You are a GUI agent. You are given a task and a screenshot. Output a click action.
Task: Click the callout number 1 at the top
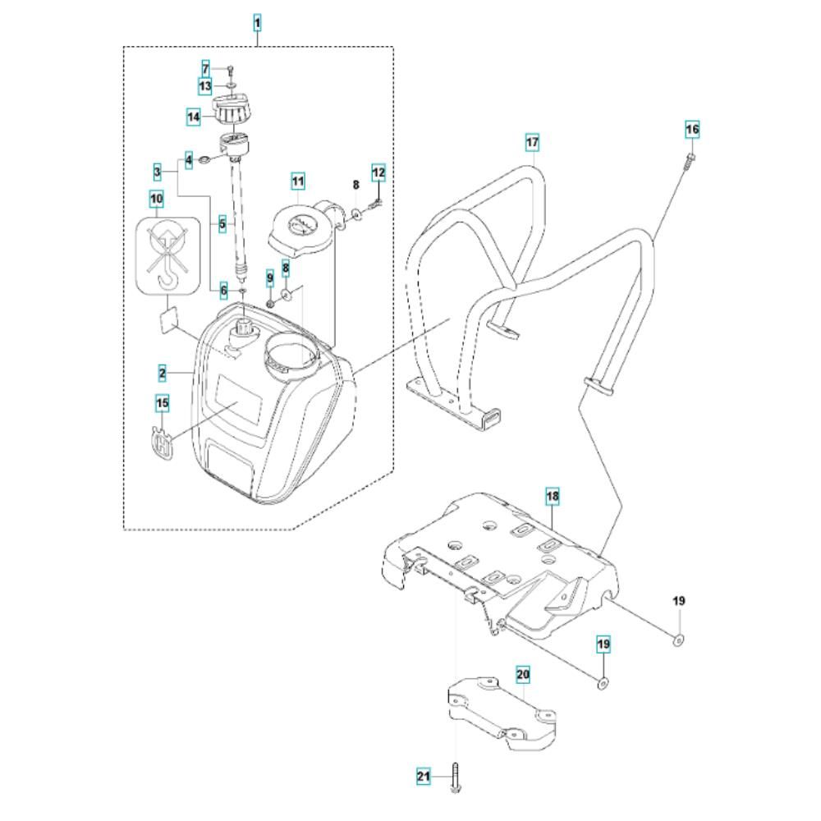257,24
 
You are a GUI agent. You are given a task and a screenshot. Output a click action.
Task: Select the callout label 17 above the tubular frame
532,142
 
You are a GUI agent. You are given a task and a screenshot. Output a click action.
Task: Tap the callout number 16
692,129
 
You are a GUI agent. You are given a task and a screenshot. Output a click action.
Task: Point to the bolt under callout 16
689,160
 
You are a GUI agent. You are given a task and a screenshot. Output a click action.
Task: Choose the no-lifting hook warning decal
167,255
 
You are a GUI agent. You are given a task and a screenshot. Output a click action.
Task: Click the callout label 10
157,199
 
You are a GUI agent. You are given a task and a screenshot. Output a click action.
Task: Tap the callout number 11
297,181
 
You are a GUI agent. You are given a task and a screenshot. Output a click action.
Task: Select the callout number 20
523,674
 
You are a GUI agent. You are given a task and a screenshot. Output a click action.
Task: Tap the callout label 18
553,496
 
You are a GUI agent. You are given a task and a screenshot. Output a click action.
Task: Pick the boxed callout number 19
603,644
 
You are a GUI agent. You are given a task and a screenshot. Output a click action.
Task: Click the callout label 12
378,172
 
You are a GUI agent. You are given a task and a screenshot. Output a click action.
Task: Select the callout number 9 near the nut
269,278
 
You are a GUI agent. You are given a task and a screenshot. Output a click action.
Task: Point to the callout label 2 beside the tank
163,374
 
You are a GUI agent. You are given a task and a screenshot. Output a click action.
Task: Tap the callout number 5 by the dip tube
222,225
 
